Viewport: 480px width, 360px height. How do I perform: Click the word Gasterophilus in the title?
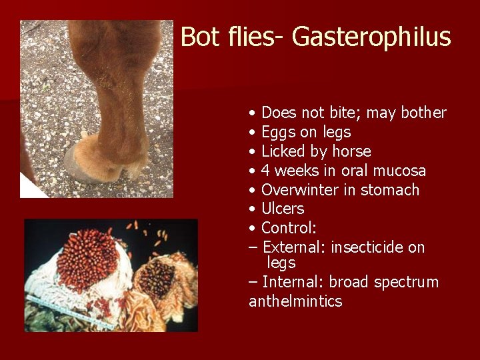coord(371,37)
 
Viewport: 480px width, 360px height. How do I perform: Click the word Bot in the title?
coord(196,37)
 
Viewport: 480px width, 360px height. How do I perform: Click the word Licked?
coord(283,151)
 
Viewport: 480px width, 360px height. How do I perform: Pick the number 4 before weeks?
coord(265,171)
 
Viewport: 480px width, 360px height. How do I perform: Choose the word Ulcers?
coord(283,209)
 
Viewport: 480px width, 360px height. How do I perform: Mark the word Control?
coord(289,228)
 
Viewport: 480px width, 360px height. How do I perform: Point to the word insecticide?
coord(367,247)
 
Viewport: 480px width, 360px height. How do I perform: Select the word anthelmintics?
coord(295,301)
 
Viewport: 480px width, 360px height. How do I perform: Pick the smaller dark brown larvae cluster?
coord(157,277)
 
